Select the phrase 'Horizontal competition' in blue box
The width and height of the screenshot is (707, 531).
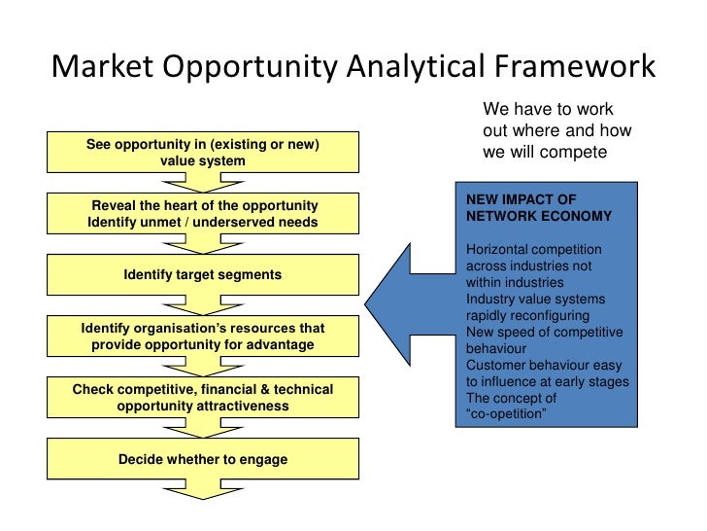click(533, 250)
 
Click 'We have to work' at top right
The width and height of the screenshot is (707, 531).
click(548, 109)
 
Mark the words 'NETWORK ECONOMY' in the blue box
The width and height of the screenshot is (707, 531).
click(539, 216)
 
